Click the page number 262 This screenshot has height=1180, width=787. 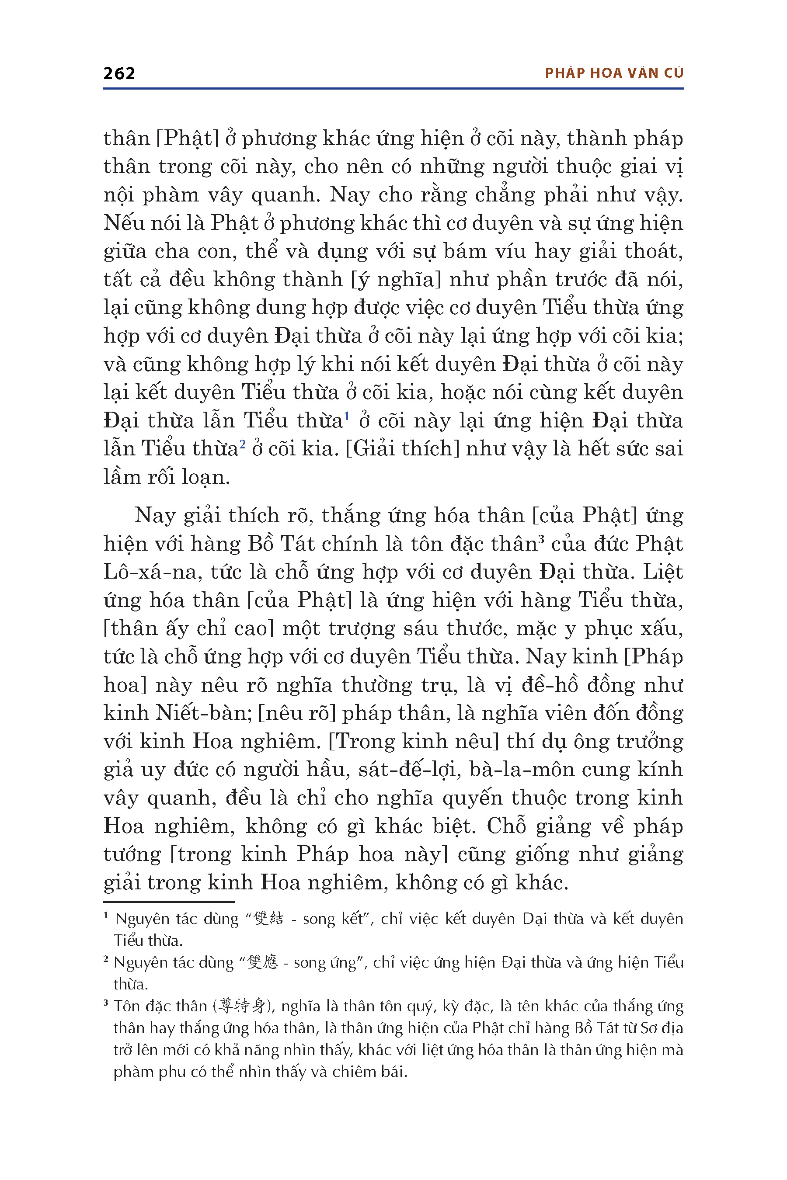pos(119,74)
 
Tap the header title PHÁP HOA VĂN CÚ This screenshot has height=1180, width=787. pos(614,73)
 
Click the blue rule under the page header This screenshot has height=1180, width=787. pos(393,89)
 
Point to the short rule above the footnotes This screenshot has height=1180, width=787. pos(169,902)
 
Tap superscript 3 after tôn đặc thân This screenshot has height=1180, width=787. pos(542,539)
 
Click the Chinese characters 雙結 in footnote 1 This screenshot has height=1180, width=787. pos(269,919)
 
